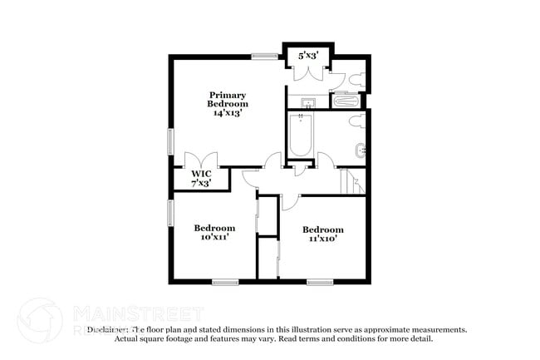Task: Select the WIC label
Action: [201, 174]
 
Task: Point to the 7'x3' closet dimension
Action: [201, 182]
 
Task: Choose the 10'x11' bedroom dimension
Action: [214, 237]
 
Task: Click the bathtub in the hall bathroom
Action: [299, 136]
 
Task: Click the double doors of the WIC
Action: [201, 159]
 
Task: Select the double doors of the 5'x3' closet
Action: [308, 73]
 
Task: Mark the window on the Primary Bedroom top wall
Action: [265, 57]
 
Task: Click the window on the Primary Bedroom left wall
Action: [171, 140]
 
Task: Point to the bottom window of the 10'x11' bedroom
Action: [224, 282]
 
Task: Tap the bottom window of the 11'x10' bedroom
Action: [320, 282]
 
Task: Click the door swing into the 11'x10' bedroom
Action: [289, 200]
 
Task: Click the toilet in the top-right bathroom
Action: [356, 81]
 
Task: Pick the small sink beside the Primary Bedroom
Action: [307, 104]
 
